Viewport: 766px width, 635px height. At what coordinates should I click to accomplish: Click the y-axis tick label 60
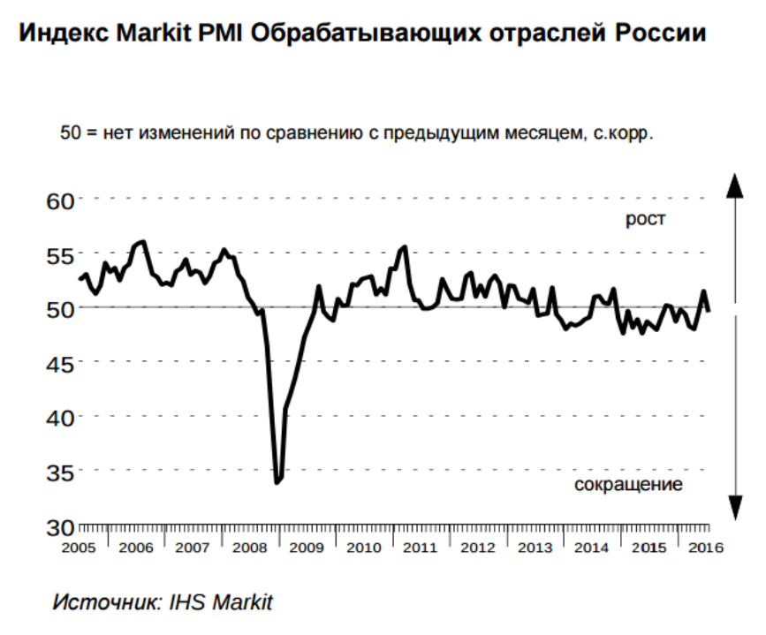point(58,200)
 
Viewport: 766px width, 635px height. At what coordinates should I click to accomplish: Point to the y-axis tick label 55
point(58,255)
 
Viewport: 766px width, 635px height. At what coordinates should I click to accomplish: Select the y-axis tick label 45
point(58,363)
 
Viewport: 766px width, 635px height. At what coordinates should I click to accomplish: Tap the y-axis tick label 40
point(58,417)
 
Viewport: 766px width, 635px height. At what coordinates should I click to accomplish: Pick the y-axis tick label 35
point(58,472)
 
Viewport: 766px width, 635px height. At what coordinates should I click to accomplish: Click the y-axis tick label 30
point(58,527)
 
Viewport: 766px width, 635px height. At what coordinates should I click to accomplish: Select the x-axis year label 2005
point(79,548)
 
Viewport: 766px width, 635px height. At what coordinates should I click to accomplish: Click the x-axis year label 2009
point(307,548)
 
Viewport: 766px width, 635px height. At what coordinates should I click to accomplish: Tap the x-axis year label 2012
point(478,548)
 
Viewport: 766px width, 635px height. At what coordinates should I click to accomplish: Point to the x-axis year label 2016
point(705,548)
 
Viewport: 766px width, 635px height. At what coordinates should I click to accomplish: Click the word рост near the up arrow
point(645,220)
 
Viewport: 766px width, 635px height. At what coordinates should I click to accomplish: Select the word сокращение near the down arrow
point(628,486)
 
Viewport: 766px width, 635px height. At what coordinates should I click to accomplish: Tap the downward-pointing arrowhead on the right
point(733,507)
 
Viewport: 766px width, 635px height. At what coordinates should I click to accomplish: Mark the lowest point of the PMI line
point(277,482)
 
